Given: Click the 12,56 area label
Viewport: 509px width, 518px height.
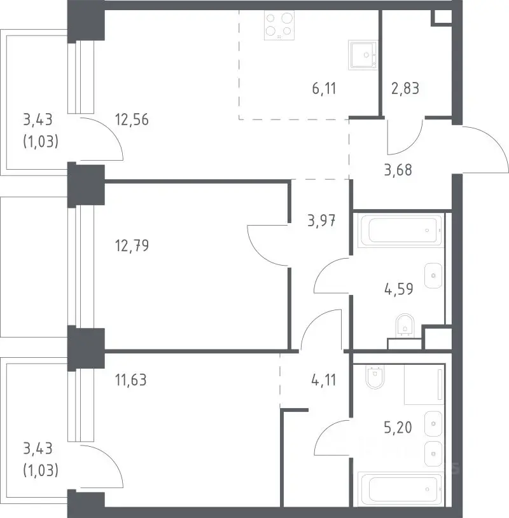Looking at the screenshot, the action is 132,119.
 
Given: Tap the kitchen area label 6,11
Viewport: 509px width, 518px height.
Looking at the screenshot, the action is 324,89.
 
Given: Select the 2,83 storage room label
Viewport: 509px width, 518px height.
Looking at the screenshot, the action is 405,88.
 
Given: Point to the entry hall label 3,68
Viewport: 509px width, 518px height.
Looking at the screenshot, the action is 398,170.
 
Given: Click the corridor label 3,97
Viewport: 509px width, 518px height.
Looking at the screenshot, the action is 321,221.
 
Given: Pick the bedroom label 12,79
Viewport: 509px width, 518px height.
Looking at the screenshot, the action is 132,246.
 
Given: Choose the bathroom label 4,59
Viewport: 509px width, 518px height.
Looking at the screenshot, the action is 399,289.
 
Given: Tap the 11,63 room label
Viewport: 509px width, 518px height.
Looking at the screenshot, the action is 131,380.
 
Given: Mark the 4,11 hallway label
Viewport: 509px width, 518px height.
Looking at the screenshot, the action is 324,380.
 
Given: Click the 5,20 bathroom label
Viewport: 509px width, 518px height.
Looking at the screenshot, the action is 398,428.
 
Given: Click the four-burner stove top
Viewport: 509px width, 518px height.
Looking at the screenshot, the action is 279,25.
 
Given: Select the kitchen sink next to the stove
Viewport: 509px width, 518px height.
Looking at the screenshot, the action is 363,55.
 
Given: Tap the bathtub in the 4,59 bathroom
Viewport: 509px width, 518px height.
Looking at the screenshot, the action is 400,230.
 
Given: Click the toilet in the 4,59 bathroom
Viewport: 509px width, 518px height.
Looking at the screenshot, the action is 405,326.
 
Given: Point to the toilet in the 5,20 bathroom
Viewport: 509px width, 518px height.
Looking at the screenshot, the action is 376,377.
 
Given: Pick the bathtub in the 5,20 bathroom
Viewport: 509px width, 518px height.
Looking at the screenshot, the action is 400,489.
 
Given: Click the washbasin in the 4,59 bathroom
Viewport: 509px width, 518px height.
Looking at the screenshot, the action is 433,275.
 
